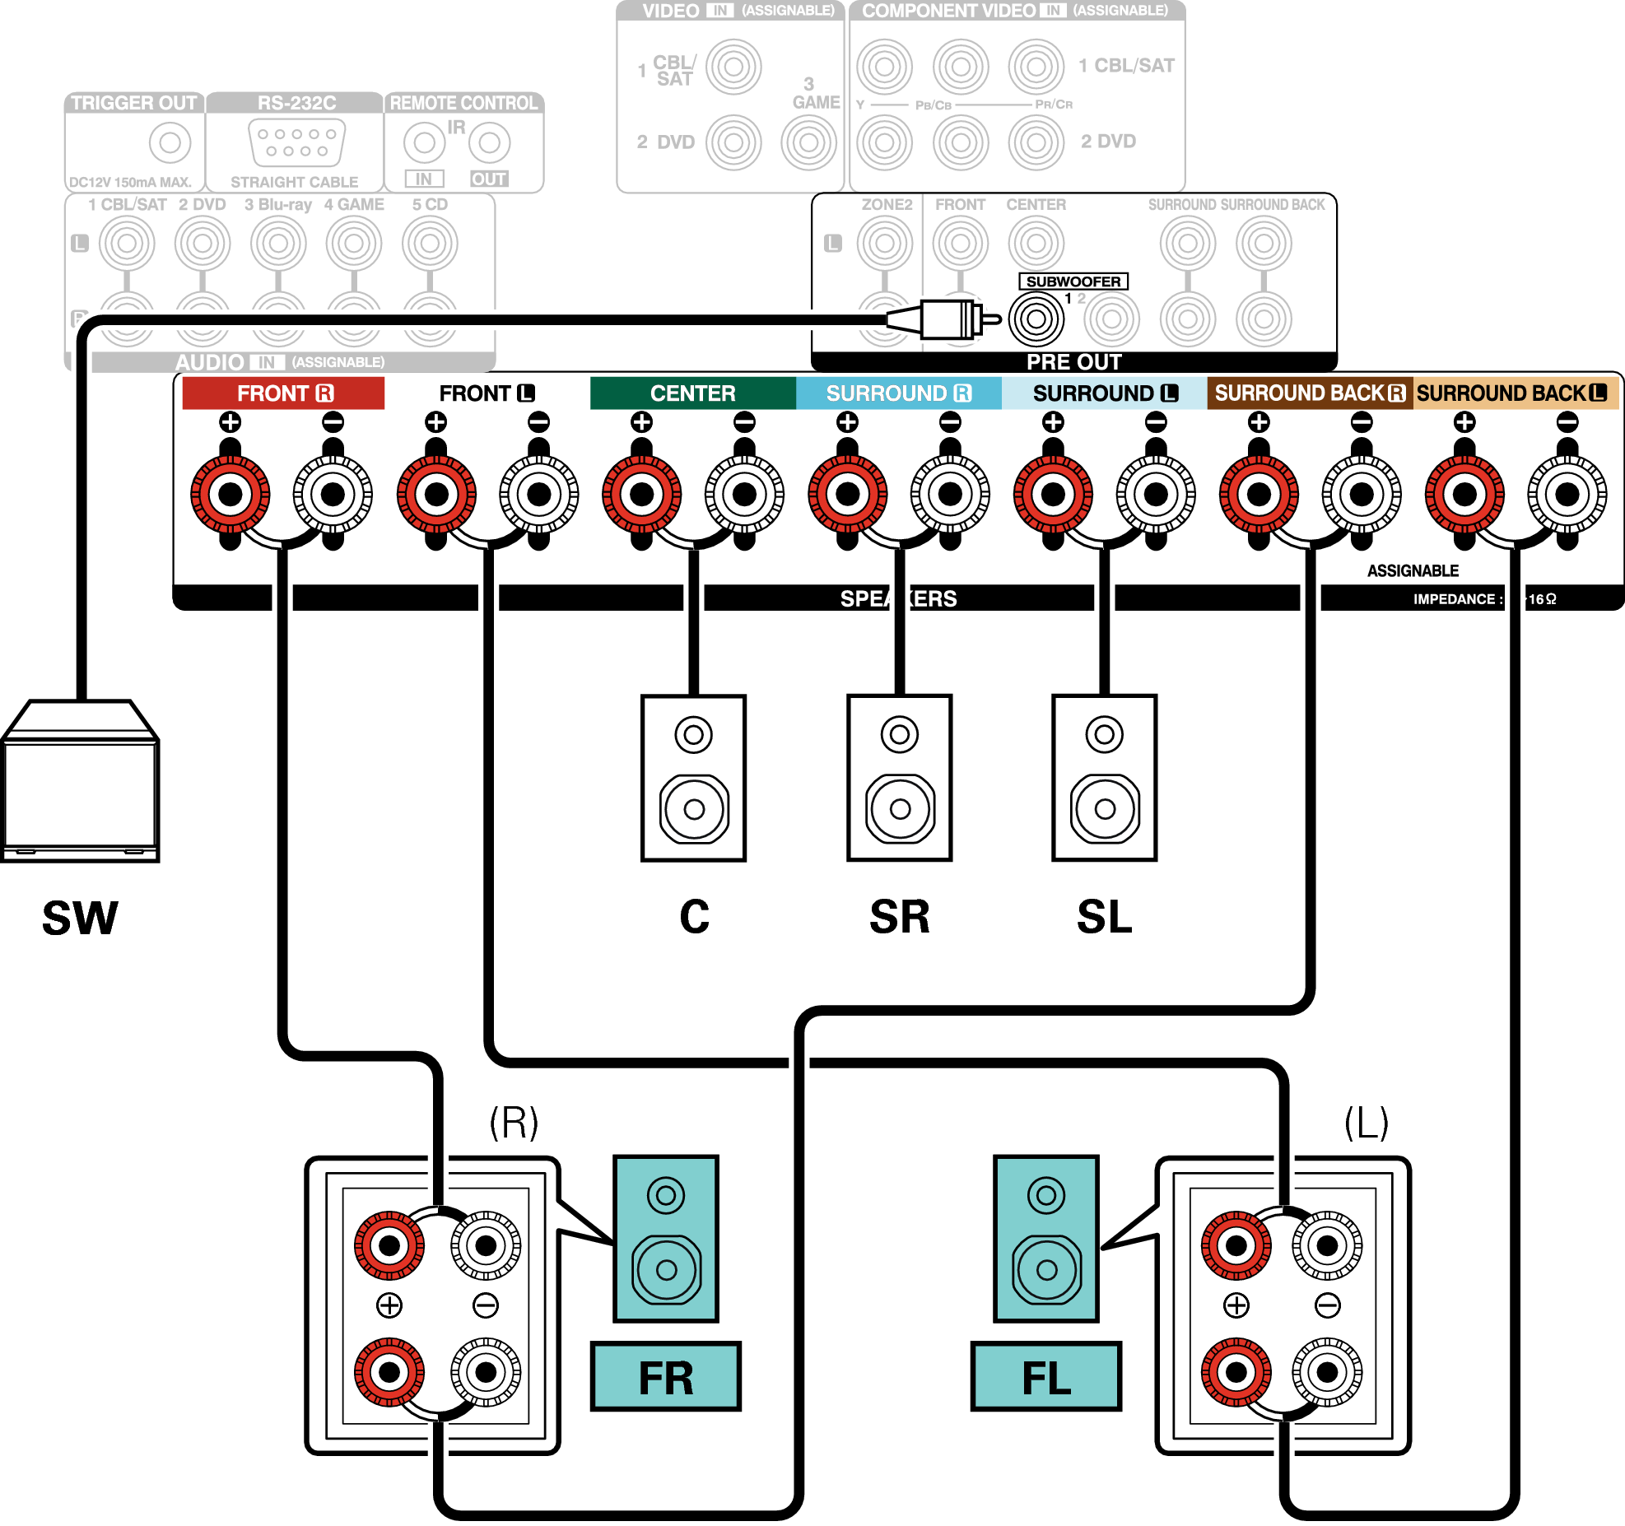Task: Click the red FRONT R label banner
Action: (283, 393)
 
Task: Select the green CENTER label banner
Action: (692, 393)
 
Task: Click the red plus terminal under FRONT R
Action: (230, 494)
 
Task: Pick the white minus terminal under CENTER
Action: (744, 494)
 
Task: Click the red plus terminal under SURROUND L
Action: (1053, 494)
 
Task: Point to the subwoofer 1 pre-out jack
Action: (1036, 319)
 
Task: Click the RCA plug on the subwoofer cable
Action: (947, 319)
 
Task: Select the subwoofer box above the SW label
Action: (80, 782)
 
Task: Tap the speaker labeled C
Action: (693, 778)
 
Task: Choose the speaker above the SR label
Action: (899, 778)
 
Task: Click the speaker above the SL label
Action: (1104, 778)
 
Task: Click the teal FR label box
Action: (666, 1376)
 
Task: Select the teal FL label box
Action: (1045, 1376)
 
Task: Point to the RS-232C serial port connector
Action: (296, 142)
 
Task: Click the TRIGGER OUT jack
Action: (170, 142)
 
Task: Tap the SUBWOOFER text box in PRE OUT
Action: (1073, 281)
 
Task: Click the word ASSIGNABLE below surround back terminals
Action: (1413, 570)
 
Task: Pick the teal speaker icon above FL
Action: (1045, 1238)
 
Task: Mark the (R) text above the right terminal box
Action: (514, 1121)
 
